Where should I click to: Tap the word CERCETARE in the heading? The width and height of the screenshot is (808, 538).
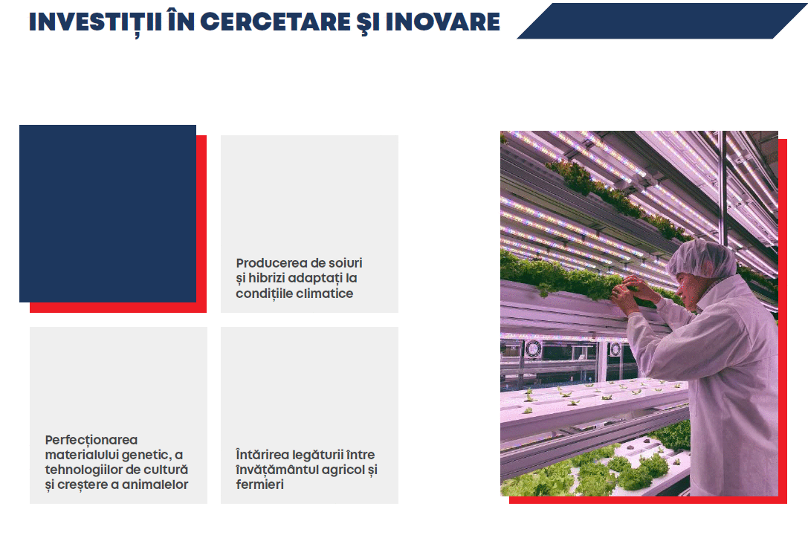tap(274, 22)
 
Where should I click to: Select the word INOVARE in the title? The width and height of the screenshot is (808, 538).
tap(442, 22)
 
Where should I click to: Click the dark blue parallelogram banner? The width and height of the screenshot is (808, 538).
tap(662, 21)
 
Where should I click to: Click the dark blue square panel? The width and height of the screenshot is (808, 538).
tap(108, 213)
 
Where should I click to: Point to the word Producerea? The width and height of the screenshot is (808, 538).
tap(271, 263)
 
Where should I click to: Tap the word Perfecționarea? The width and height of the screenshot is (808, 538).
tap(91, 440)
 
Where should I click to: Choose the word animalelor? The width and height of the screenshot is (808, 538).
tap(155, 484)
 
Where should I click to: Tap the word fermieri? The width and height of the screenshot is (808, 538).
tap(259, 484)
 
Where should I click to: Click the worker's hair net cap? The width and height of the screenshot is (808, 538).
tap(702, 258)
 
